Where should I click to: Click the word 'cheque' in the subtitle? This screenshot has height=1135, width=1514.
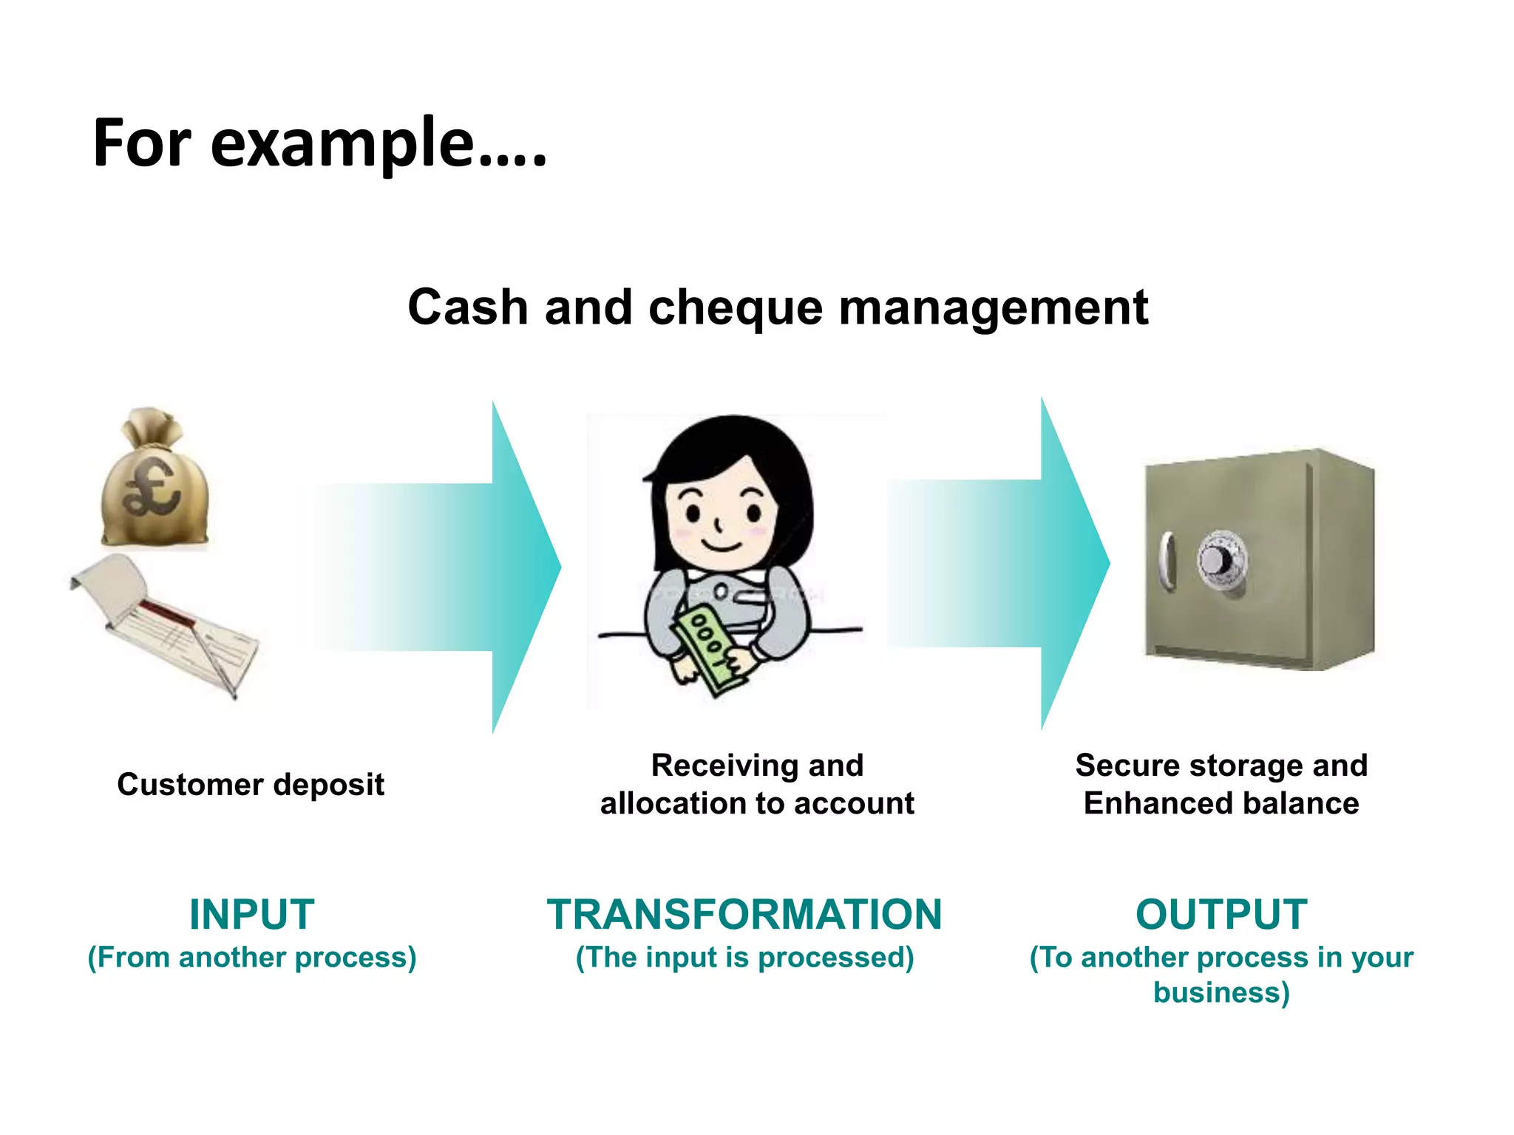coord(735,307)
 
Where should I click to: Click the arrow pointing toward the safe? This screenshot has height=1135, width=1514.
coord(998,564)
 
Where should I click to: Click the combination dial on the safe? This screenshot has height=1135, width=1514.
coord(1220,560)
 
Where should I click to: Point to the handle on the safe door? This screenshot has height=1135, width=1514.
coord(1167,560)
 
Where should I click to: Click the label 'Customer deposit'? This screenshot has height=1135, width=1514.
coord(251,784)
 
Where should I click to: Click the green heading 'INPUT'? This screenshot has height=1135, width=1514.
coord(252,914)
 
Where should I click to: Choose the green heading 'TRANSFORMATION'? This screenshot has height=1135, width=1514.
coord(744,914)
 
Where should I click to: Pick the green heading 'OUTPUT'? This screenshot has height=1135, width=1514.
coord(1221,914)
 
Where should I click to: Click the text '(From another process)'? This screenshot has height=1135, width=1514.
coord(252,957)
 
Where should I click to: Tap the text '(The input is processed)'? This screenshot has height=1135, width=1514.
coord(744,957)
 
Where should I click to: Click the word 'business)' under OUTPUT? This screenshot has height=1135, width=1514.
coord(1221,992)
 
